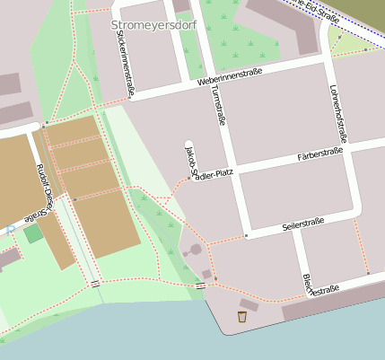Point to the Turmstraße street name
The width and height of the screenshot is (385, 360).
coord(215,117)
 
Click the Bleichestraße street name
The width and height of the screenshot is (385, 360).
coord(320,286)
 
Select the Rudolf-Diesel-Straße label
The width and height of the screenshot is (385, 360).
coord(43,192)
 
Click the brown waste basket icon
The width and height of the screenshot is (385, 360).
coord(241,316)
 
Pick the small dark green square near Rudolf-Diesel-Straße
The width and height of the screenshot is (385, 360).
coord(33,234)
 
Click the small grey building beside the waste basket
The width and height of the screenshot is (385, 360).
coord(249,305)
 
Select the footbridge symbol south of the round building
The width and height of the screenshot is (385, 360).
coord(200,285)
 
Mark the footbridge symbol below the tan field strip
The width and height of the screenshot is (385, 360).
coord(95,283)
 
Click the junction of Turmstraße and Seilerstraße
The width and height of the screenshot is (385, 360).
coord(246,235)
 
